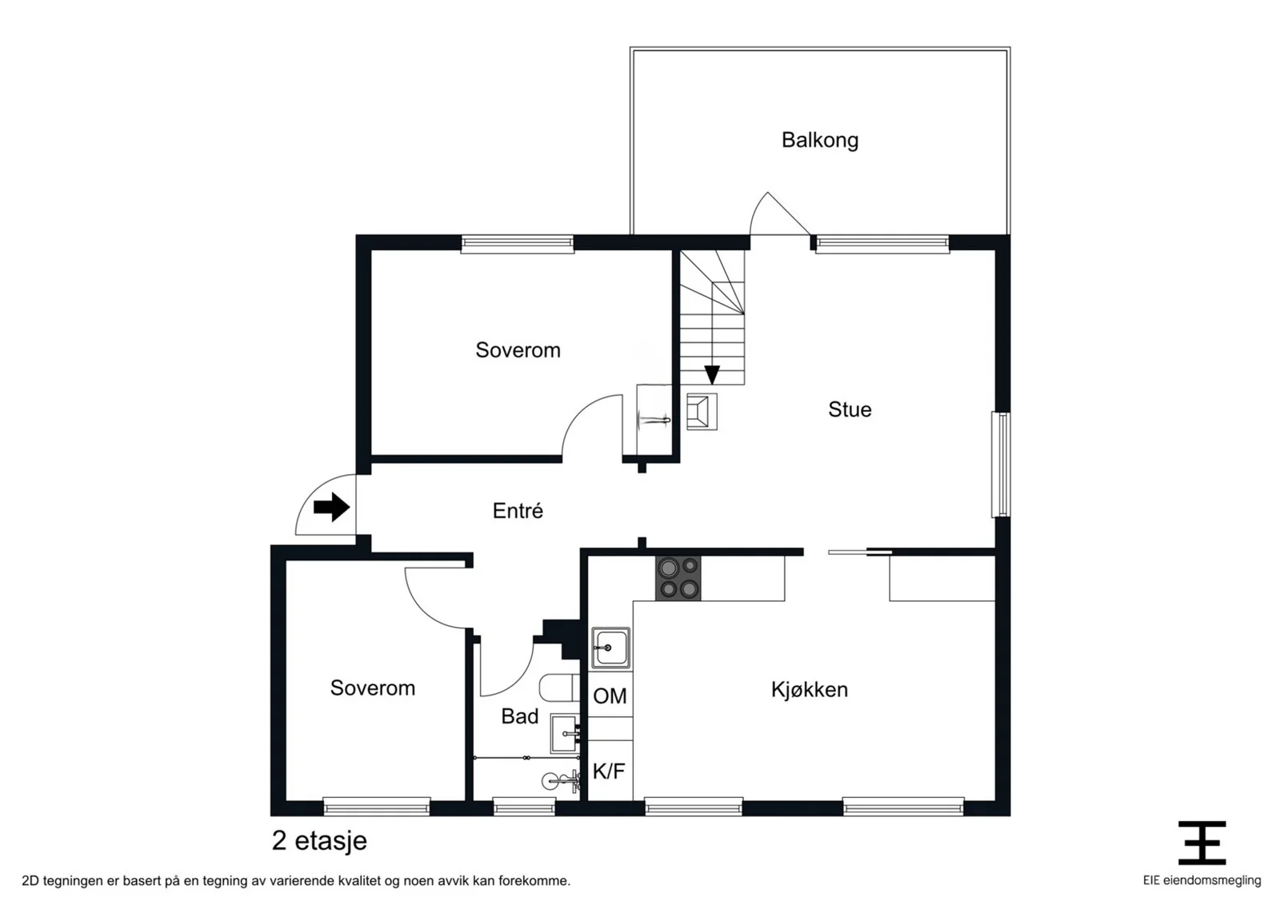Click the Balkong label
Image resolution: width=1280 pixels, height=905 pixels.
tap(820, 141)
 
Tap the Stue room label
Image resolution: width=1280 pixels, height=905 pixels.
tap(850, 409)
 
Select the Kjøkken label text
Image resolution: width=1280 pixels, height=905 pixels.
tap(809, 690)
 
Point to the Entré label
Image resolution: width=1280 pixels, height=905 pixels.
tap(518, 510)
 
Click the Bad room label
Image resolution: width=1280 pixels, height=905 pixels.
tap(519, 716)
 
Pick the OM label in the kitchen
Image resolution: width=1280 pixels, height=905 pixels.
tap(610, 696)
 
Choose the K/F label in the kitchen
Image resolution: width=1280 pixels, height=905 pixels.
tap(609, 771)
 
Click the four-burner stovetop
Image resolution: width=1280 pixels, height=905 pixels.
tap(678, 578)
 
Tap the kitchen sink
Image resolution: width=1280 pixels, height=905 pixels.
tap(610, 648)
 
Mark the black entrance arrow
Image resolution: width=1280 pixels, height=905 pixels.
tap(331, 507)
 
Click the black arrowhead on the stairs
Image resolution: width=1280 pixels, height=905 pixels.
tap(712, 375)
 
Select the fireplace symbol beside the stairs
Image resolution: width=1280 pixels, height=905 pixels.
tap(702, 412)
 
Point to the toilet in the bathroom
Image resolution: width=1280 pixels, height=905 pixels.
tap(560, 688)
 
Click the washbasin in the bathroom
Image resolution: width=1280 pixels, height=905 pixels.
tap(565, 734)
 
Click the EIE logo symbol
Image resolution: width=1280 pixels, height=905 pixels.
tap(1202, 843)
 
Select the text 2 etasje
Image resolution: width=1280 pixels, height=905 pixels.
tap(319, 840)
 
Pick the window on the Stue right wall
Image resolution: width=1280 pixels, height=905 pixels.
tap(1001, 464)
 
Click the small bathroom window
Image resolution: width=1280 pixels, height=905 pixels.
tap(524, 807)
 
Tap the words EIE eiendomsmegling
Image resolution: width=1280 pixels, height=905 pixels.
tap(1202, 880)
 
